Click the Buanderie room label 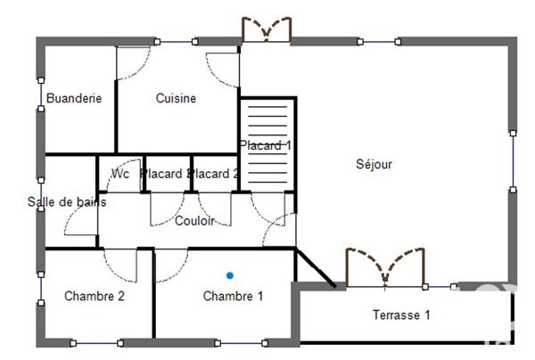pos(74,98)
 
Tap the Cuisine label pos(176,98)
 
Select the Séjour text pos(374,164)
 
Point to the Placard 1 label pos(265,144)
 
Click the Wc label pos(119,174)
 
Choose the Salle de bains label pos(67,202)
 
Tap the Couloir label pos(193,221)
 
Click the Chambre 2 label pos(94,296)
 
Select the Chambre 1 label pos(233,296)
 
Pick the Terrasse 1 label pos(401,315)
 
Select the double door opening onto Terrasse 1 pos(385,266)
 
